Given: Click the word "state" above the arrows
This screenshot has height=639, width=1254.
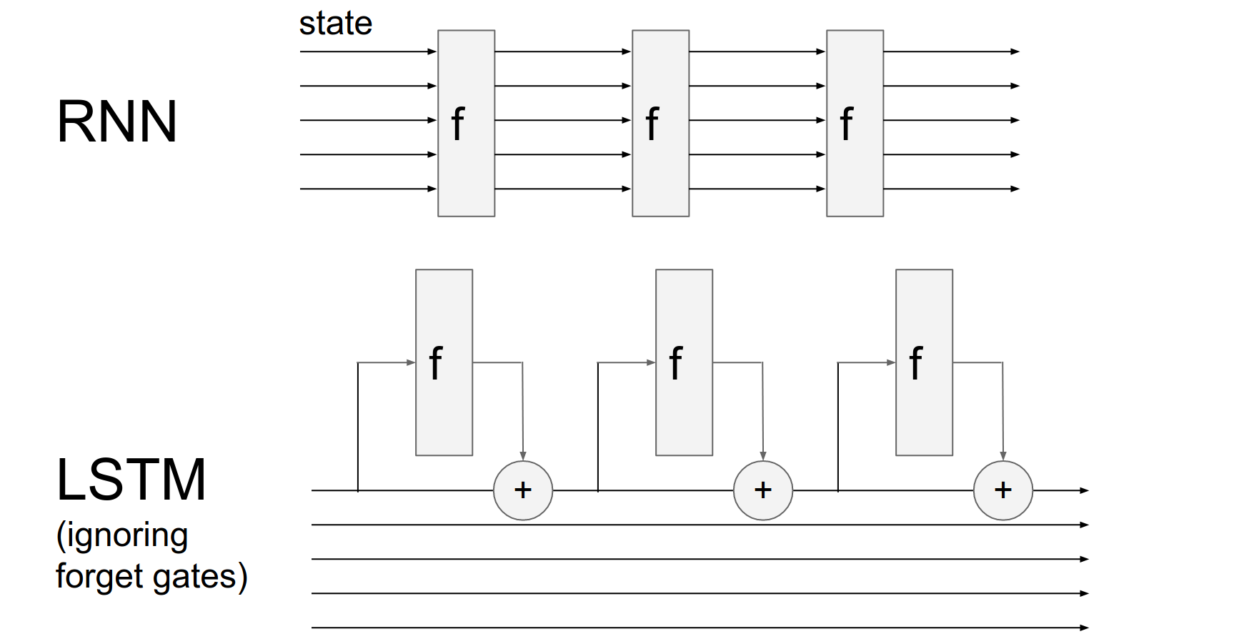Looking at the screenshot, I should pyautogui.click(x=335, y=24).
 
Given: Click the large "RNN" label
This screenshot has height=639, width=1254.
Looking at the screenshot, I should pyautogui.click(x=116, y=122).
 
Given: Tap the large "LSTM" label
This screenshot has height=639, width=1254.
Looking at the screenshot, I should pyautogui.click(x=131, y=480).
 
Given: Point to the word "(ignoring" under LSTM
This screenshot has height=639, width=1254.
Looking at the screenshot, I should pyautogui.click(x=122, y=536).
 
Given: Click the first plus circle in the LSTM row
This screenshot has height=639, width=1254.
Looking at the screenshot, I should pyautogui.click(x=523, y=490).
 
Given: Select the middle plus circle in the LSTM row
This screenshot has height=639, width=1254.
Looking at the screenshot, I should pyautogui.click(x=763, y=490).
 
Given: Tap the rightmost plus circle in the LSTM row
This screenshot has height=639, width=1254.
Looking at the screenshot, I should pyautogui.click(x=1003, y=490).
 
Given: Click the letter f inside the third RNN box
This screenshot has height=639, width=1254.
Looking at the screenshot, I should pyautogui.click(x=847, y=124).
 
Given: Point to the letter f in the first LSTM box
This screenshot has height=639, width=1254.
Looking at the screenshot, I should pyautogui.click(x=435, y=363).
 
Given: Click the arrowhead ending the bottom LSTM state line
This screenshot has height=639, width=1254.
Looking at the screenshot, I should pyautogui.click(x=1085, y=628).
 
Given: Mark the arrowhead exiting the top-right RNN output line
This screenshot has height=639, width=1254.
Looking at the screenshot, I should pyautogui.click(x=1015, y=51).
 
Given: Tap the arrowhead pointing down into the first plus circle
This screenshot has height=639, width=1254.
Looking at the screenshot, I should pyautogui.click(x=523, y=456).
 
